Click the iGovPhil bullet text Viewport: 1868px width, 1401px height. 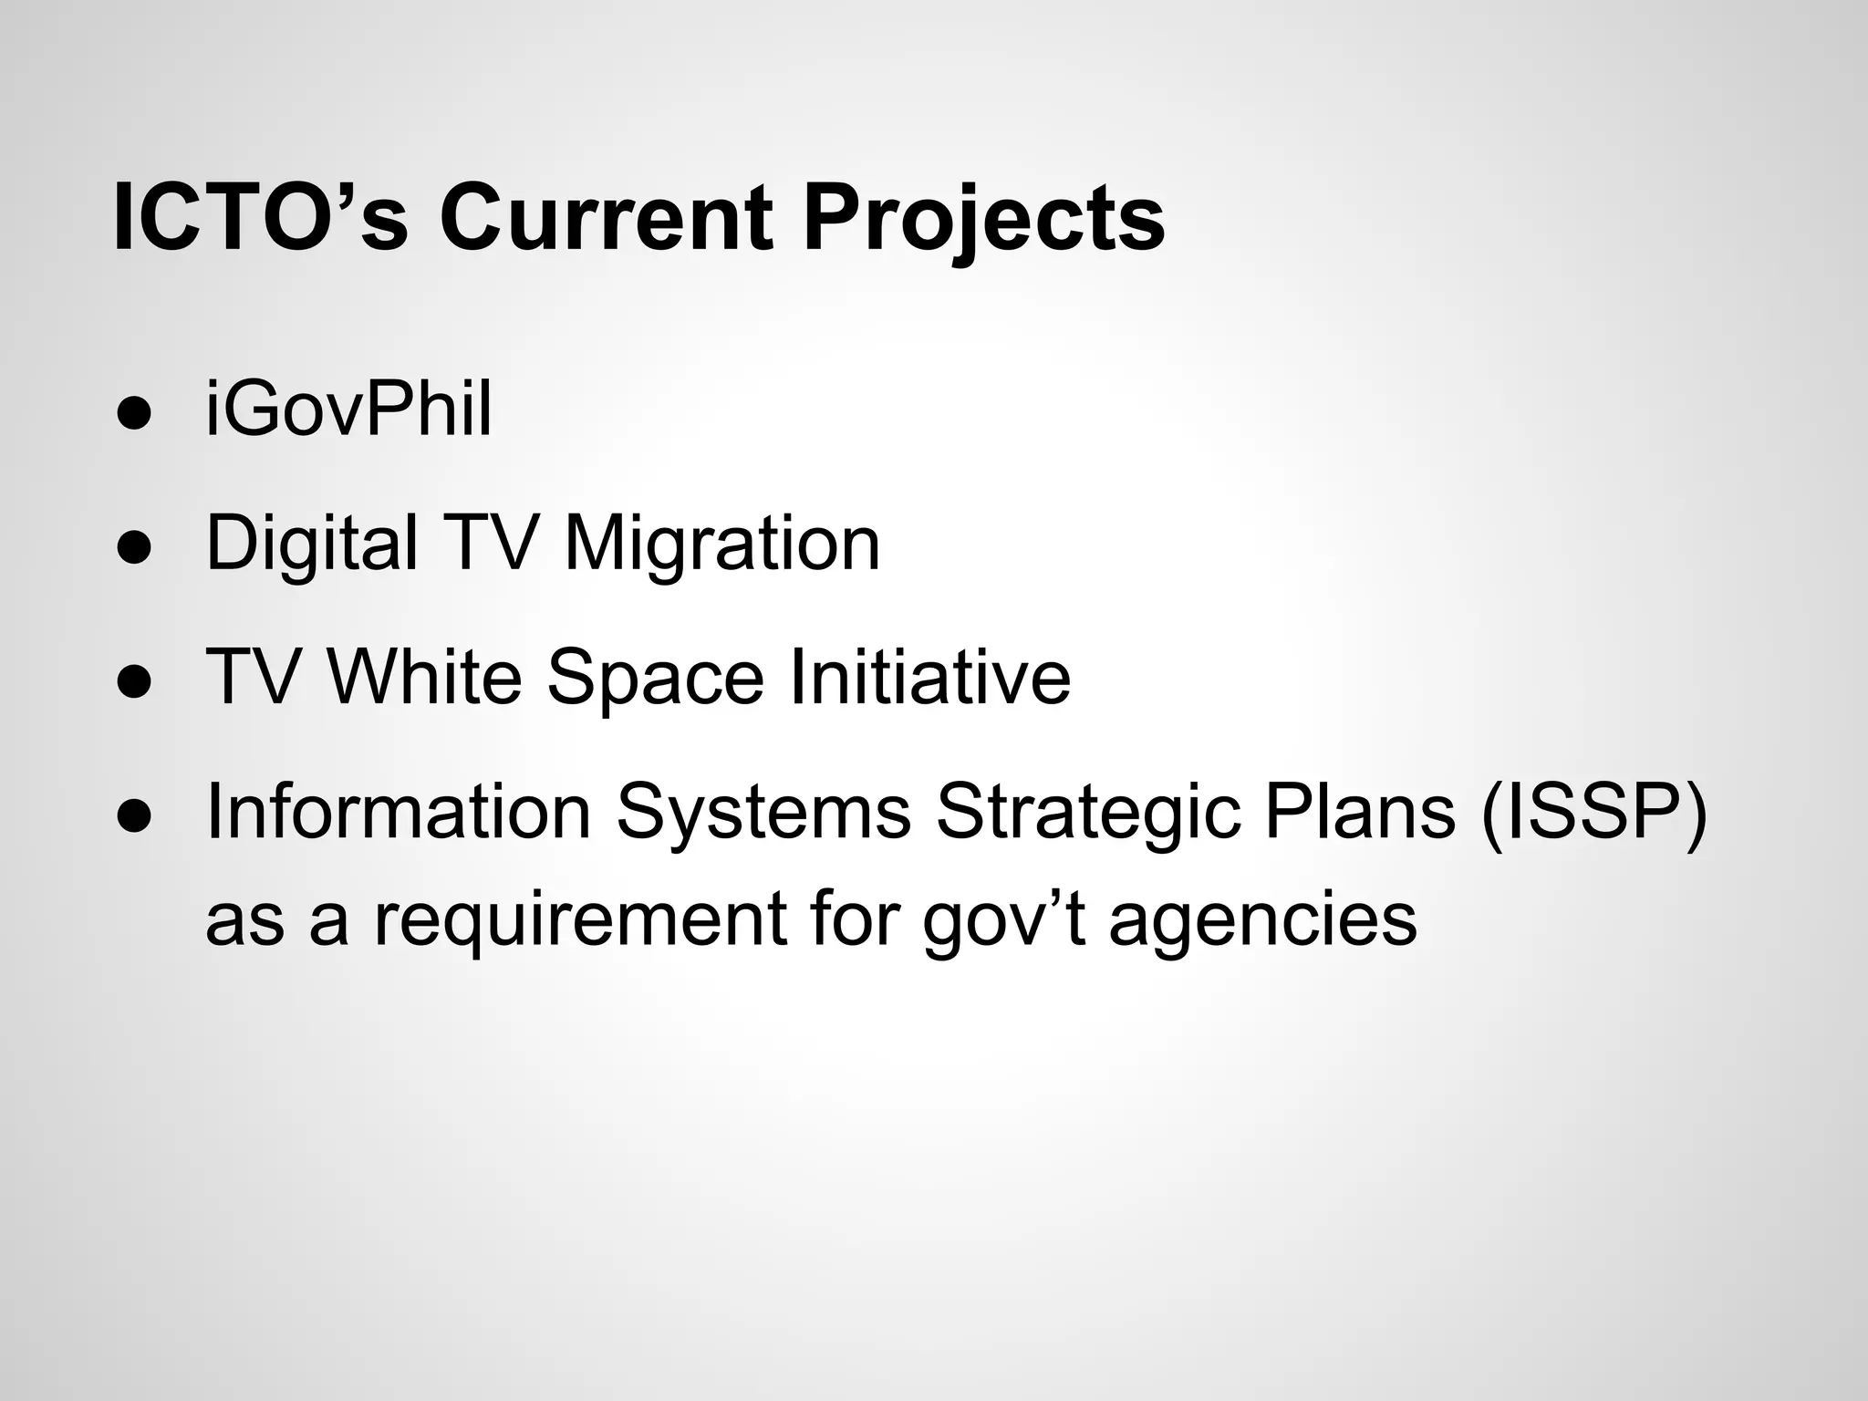pyautogui.click(x=349, y=410)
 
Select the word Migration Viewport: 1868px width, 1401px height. pyautogui.click(x=721, y=545)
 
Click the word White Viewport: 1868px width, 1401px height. pyautogui.click(x=423, y=678)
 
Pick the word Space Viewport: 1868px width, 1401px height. pyautogui.click(x=654, y=680)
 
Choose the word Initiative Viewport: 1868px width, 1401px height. pyautogui.click(x=929, y=678)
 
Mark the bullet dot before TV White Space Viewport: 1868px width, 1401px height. pyautogui.click(x=133, y=682)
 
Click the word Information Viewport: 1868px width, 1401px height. pyautogui.click(x=399, y=811)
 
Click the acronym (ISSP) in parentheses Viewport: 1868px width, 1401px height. pyautogui.click(x=1593, y=813)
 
